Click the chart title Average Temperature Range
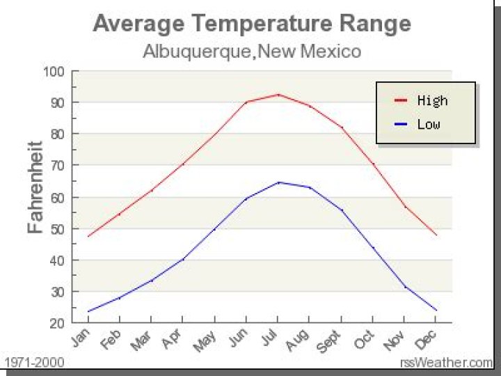251,24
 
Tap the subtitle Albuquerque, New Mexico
251,51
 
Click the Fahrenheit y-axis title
35,187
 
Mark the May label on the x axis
206,339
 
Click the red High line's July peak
278,94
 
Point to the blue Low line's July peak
278,182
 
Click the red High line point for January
88,236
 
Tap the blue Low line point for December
436,311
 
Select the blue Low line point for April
183,259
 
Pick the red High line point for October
373,164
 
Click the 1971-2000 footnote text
34,362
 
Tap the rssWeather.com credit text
446,362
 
